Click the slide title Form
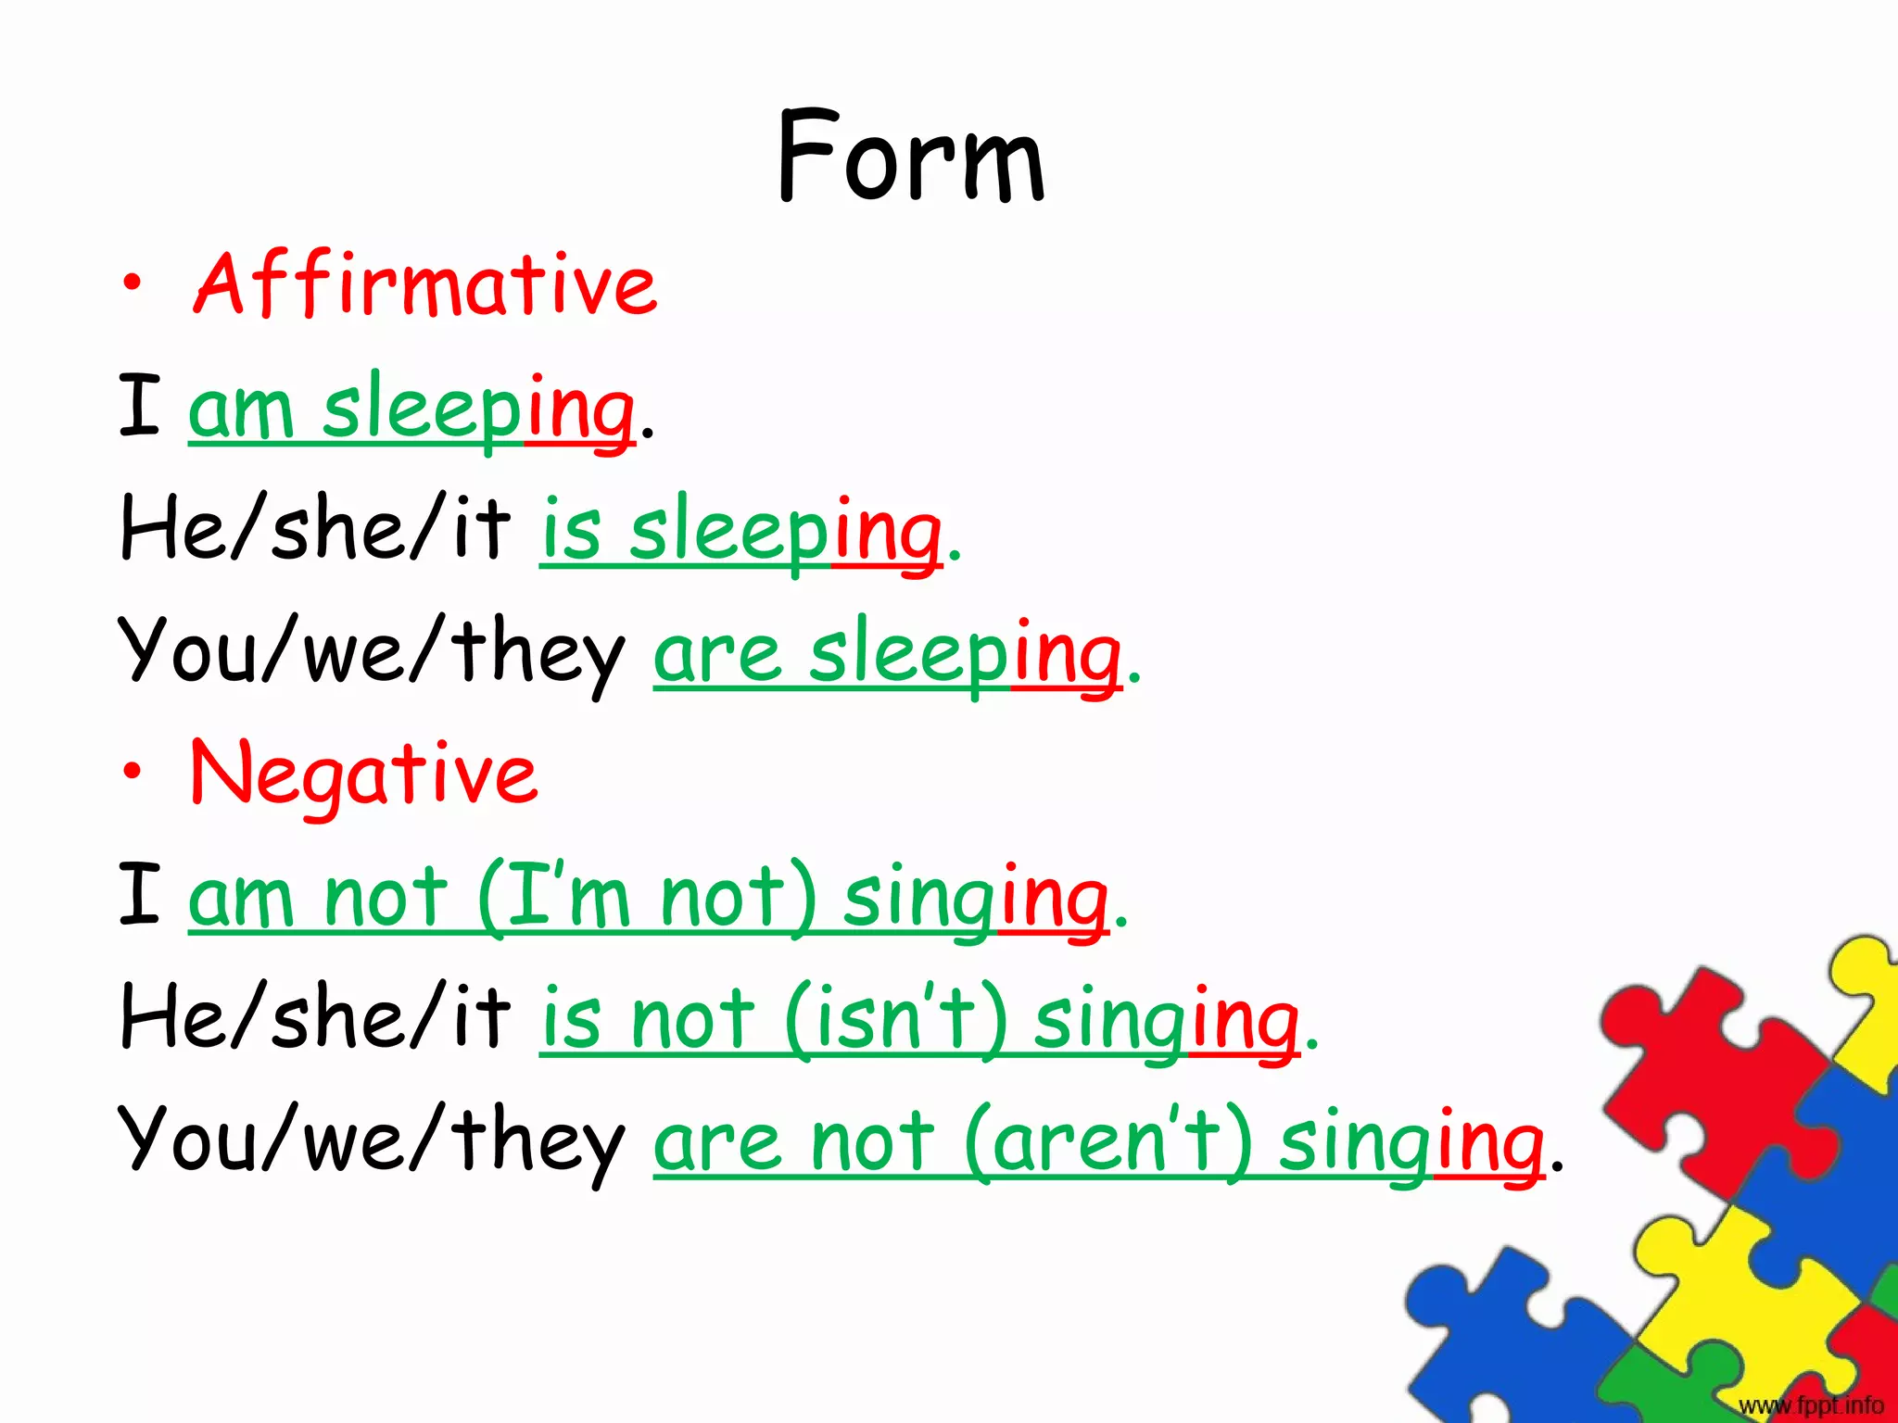coord(912,157)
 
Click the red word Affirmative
coord(424,284)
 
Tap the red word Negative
coord(363,774)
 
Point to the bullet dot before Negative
coord(133,771)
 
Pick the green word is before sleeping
coord(571,531)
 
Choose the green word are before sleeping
coord(716,654)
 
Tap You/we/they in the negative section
coord(371,1141)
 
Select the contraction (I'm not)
coord(647,897)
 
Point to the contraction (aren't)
coord(1107,1141)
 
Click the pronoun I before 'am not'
coord(140,895)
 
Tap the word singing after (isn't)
coord(1166,1021)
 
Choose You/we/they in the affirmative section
coord(371,653)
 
